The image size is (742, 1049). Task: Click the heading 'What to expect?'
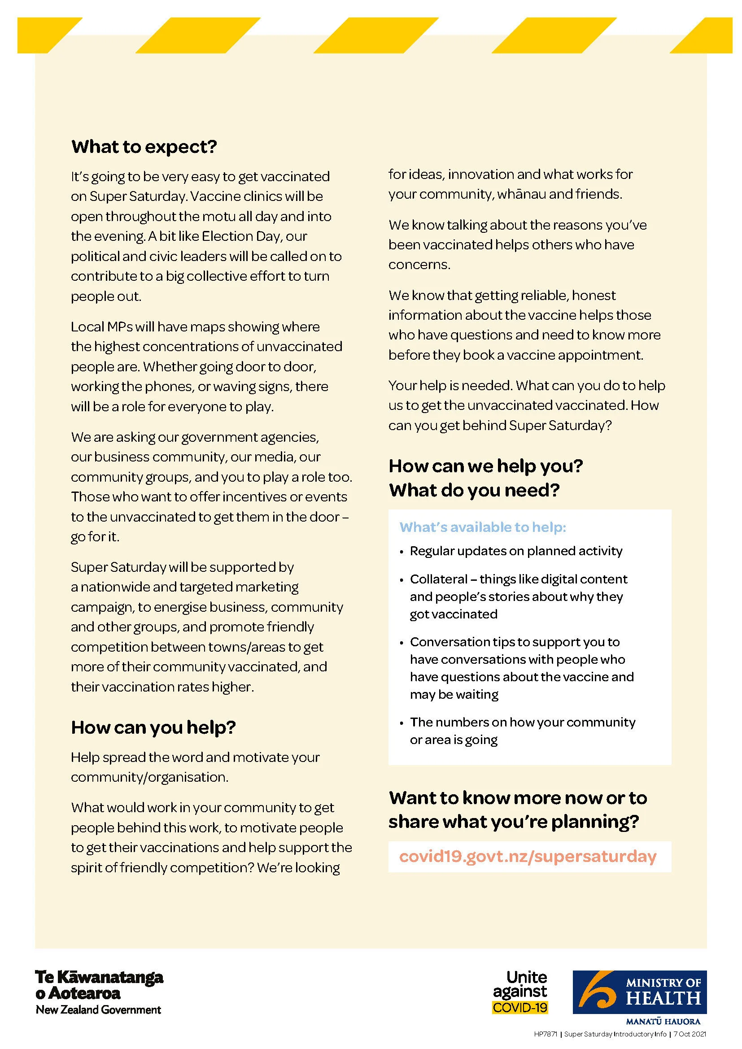[x=144, y=147]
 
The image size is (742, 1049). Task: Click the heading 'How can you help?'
[x=153, y=727]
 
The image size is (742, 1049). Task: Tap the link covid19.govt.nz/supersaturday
[x=528, y=856]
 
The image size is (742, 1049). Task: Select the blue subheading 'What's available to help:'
[x=483, y=527]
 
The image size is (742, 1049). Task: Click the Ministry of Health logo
[x=640, y=992]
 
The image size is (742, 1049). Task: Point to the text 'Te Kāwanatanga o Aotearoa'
[x=99, y=984]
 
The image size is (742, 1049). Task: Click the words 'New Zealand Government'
[x=99, y=1010]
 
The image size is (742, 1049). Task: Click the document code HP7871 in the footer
[x=546, y=1034]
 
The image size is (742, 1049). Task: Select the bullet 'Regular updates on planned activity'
[x=516, y=551]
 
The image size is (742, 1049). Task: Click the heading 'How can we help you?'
[x=486, y=466]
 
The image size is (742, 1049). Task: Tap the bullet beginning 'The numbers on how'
[x=522, y=723]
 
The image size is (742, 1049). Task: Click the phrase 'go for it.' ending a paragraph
[x=95, y=537]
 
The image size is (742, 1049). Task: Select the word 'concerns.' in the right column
[x=419, y=265]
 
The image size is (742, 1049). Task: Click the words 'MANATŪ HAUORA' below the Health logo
[x=663, y=1021]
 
